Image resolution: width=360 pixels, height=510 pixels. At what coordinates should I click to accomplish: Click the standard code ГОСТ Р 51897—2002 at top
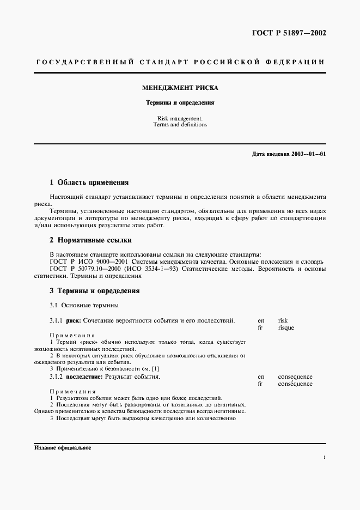click(289, 33)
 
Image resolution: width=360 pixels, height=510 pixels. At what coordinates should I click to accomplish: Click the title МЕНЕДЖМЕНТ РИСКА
click(180, 87)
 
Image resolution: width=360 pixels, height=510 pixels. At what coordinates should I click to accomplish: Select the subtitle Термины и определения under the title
click(180, 102)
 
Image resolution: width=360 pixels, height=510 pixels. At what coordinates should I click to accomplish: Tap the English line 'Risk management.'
click(180, 118)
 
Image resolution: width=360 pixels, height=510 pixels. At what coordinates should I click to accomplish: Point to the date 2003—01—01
click(308, 154)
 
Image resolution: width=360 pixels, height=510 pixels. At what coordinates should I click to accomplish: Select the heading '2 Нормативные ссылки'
click(90, 240)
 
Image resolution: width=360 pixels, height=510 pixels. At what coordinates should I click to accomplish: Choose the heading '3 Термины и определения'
click(94, 291)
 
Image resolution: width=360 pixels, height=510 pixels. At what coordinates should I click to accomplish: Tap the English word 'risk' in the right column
click(283, 321)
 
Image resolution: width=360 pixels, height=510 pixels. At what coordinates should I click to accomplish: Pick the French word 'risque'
click(285, 328)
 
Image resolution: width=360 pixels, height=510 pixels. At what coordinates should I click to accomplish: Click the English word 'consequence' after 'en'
click(295, 377)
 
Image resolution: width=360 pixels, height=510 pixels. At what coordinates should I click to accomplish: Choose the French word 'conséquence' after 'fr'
click(295, 384)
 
